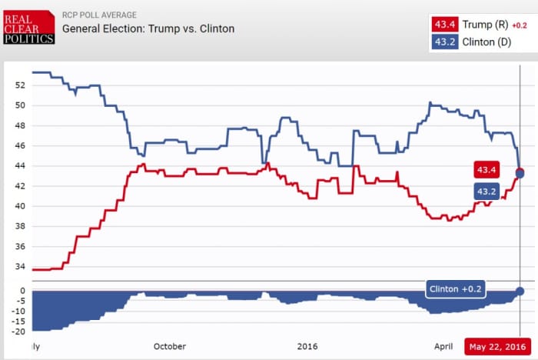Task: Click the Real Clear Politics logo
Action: [29, 27]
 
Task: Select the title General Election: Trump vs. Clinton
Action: [148, 29]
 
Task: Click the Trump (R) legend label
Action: [484, 25]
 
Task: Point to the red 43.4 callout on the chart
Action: [487, 169]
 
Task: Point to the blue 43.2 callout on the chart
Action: [487, 191]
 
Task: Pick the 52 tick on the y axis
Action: [19, 85]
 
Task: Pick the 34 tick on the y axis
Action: [19, 267]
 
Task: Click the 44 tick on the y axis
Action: [19, 166]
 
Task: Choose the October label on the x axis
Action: [169, 346]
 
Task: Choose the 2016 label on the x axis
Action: [307, 346]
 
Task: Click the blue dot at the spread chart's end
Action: [520, 291]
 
